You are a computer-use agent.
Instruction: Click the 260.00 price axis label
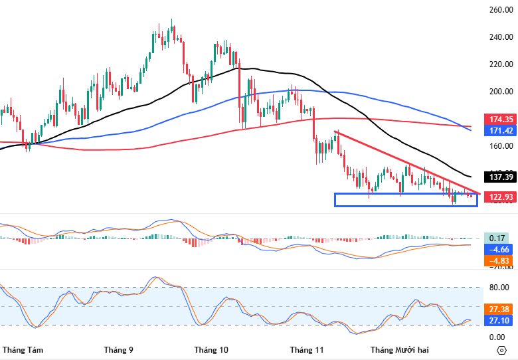(x=499, y=9)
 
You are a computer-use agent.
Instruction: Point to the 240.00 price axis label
(x=499, y=37)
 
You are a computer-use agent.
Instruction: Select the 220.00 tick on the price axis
(x=499, y=64)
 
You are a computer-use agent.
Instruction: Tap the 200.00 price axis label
(x=499, y=92)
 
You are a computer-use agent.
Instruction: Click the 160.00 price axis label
(x=499, y=147)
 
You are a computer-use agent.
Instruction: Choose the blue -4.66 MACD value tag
(x=499, y=250)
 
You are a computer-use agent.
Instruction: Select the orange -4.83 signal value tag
(x=499, y=261)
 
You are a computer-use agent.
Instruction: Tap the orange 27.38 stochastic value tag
(x=499, y=310)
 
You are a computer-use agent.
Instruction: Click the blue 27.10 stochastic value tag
(x=499, y=321)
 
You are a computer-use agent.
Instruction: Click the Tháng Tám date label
(x=23, y=349)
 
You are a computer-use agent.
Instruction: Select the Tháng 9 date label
(x=119, y=349)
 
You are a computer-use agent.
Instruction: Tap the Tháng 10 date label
(x=211, y=349)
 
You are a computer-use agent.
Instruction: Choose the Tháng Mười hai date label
(x=400, y=349)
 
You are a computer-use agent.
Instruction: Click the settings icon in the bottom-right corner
(x=501, y=349)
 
